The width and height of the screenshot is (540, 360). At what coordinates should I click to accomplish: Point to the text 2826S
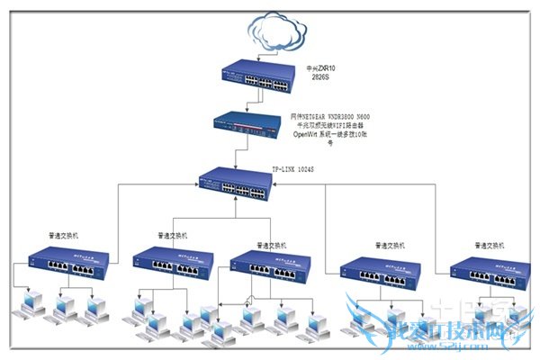click(319, 78)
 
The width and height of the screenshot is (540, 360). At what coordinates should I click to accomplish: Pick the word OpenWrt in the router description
click(307, 133)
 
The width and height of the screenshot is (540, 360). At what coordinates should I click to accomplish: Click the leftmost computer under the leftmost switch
click(28, 305)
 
